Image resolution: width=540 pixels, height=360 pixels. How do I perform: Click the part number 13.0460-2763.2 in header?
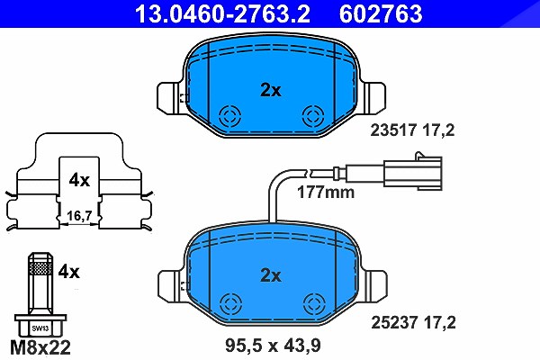click(222, 13)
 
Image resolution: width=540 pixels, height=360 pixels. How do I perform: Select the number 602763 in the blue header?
click(381, 13)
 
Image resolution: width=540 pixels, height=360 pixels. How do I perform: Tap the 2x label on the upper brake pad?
click(271, 90)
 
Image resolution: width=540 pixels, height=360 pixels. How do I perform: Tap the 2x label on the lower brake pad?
click(271, 275)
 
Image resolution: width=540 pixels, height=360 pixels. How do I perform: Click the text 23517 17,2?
click(412, 130)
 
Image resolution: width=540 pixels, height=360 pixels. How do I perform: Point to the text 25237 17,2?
click(413, 322)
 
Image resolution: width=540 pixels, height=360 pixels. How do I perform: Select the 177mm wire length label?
click(326, 193)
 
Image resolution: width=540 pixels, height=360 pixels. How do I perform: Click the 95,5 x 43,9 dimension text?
click(273, 346)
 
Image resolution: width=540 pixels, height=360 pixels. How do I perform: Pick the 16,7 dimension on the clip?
click(79, 216)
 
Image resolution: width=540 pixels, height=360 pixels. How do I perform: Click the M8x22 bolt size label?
click(40, 347)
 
